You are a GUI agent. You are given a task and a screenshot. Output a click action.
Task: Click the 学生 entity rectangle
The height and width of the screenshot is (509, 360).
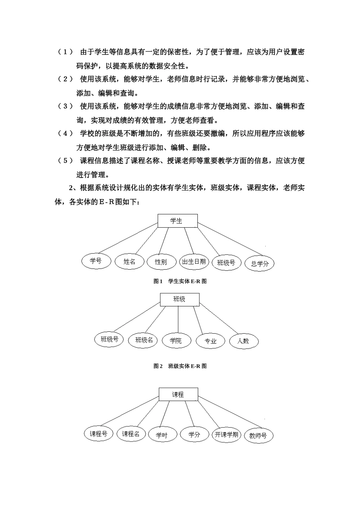click(177, 221)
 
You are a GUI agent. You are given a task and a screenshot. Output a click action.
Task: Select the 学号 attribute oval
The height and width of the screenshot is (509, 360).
click(96, 261)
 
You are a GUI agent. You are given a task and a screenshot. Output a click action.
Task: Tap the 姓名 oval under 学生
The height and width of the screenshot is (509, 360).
click(130, 262)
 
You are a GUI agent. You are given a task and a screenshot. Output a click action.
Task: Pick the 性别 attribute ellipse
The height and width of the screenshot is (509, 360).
click(161, 262)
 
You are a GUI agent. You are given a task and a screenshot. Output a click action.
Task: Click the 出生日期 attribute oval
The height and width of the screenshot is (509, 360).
click(194, 261)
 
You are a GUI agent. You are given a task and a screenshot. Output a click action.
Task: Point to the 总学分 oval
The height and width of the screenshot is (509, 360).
click(259, 264)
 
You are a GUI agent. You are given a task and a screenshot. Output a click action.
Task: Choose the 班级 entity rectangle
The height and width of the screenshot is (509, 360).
click(179, 299)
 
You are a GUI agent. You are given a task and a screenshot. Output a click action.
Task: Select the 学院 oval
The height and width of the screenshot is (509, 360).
click(175, 340)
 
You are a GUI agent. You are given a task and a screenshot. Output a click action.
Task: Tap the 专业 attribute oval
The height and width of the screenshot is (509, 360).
click(210, 341)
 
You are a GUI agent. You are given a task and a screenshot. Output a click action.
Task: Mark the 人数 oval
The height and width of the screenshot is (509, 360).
click(243, 341)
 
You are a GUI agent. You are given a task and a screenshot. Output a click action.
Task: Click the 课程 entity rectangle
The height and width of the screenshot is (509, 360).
click(178, 395)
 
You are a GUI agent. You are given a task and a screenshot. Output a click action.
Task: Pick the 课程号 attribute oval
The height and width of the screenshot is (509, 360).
click(98, 434)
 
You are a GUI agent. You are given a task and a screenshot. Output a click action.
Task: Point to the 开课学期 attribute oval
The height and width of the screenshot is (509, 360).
click(226, 434)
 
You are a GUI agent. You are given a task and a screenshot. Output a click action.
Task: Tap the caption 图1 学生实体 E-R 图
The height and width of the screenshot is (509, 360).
click(180, 281)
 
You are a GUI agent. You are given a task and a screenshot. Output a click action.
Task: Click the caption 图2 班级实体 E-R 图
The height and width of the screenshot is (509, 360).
click(180, 366)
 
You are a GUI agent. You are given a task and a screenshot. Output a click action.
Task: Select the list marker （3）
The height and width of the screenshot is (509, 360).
click(65, 106)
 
